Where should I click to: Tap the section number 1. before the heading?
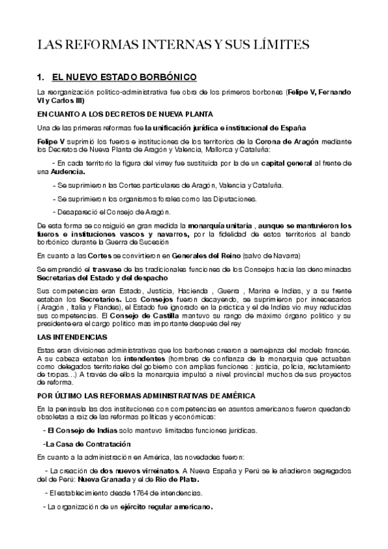pyautogui.click(x=42, y=77)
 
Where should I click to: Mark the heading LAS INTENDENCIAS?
pyautogui.click(x=73, y=339)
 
